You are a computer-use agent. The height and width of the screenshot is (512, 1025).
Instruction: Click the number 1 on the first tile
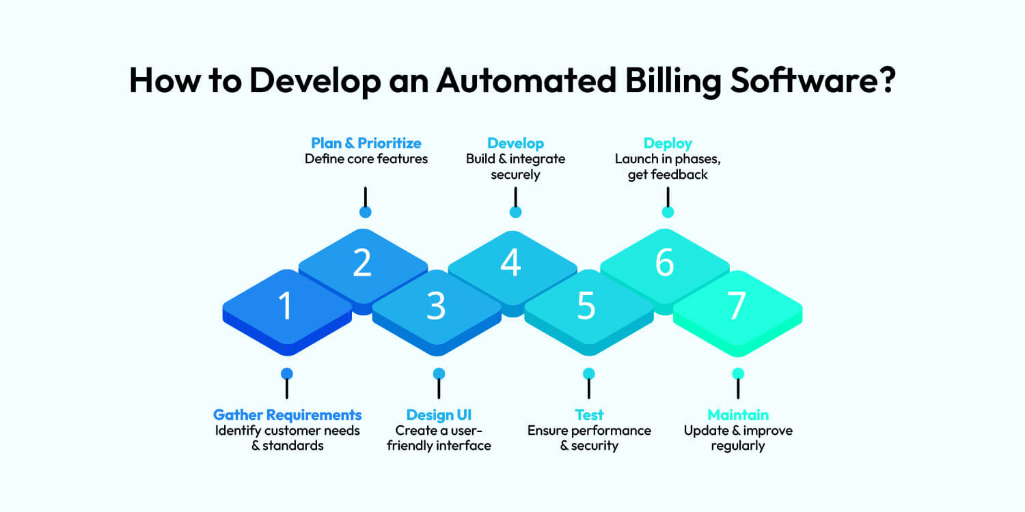[x=286, y=307]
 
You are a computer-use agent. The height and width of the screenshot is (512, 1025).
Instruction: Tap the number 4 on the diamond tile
[x=511, y=264]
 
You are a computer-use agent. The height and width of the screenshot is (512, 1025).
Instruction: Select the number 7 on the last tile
[x=736, y=307]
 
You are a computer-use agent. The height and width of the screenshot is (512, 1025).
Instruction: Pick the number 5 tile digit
[x=586, y=307]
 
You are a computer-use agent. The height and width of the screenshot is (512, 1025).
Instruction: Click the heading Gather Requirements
[x=287, y=414]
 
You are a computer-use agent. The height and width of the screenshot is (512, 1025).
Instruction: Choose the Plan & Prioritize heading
[x=366, y=143]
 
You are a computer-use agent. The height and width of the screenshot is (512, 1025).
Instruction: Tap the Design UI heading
[x=439, y=414]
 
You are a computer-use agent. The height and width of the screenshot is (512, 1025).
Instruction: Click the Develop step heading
[x=515, y=143]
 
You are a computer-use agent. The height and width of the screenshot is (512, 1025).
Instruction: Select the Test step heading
[x=589, y=414]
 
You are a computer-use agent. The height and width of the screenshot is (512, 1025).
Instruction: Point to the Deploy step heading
[x=668, y=143]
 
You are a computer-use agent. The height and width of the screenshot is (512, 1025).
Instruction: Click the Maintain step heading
[x=738, y=414]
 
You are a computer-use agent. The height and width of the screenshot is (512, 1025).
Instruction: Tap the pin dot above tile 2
[x=366, y=212]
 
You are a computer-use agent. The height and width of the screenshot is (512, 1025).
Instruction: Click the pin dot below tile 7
[x=738, y=373]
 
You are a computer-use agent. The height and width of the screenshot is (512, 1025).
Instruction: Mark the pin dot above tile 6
[x=668, y=212]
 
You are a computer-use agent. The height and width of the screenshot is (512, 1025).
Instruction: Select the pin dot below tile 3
[x=439, y=373]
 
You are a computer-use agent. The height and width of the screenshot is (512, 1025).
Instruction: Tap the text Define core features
[x=366, y=159]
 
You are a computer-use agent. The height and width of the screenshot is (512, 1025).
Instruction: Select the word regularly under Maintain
[x=738, y=446]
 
